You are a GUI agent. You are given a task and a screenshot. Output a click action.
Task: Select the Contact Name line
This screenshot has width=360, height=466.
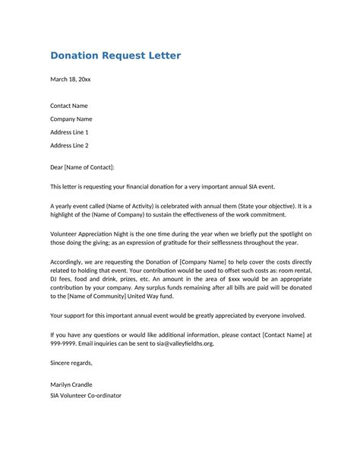69,106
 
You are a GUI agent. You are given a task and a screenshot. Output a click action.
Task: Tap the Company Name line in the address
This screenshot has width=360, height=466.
71,119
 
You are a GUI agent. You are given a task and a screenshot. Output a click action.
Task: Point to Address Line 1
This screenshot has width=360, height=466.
69,132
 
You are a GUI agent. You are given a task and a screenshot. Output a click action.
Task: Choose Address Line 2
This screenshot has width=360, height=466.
69,145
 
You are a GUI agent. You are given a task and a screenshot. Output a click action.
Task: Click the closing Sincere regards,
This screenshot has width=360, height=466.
71,363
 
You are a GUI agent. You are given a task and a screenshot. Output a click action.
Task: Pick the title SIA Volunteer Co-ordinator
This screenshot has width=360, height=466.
86,396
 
